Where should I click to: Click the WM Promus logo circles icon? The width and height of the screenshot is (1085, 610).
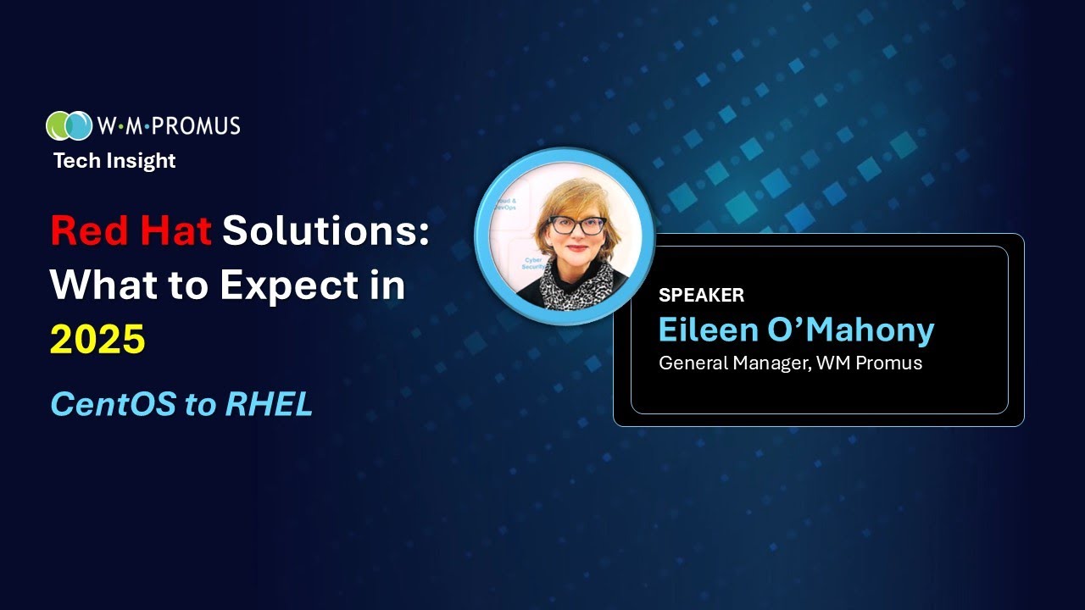click(69, 125)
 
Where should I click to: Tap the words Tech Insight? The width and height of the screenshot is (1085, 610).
click(114, 161)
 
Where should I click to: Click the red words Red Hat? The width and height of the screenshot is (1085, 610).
click(131, 230)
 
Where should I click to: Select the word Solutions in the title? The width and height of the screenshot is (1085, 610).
click(326, 230)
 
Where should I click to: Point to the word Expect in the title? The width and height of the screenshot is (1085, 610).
click(292, 286)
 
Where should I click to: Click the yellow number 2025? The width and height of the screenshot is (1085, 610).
click(97, 340)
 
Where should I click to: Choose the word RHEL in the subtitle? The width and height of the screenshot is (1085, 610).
click(269, 405)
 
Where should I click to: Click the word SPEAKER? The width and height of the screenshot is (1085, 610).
click(701, 296)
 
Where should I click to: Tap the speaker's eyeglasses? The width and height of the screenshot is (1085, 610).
click(577, 225)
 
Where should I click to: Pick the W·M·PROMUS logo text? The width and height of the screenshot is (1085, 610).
click(169, 126)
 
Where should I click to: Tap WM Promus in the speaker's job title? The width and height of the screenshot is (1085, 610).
click(874, 363)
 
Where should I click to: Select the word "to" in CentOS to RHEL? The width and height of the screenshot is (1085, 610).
click(200, 405)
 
